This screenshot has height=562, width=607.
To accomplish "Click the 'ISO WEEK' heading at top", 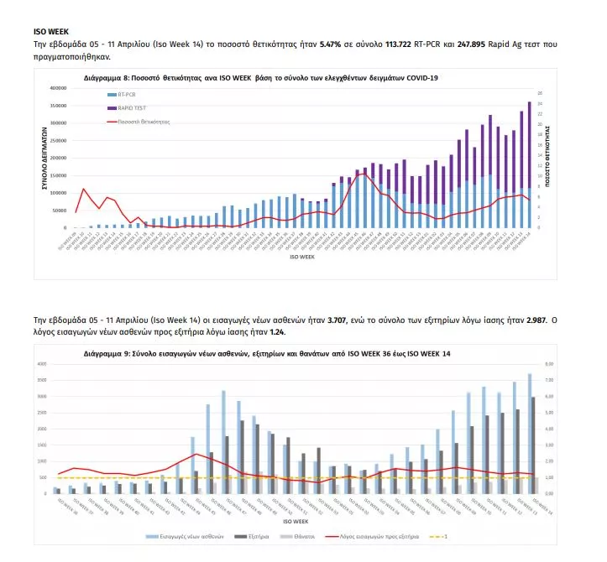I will [x=45, y=31].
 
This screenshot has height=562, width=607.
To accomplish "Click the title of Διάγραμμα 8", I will [x=260, y=76].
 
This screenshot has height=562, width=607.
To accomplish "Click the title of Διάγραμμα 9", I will [x=267, y=354].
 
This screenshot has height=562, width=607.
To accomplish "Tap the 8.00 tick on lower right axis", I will [x=548, y=365].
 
